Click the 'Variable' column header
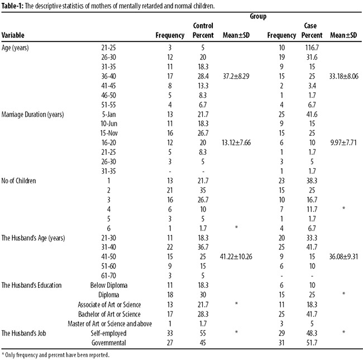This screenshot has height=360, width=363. tap(13, 35)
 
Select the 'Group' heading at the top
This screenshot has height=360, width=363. tap(258, 16)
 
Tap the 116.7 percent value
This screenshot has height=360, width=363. tap(312, 48)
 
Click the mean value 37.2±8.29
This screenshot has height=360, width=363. tap(236, 76)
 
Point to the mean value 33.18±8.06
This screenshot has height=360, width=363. tap(344, 76)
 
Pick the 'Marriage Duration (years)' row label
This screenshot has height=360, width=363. tap(32, 115)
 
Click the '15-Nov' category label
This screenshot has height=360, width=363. tap(109, 133)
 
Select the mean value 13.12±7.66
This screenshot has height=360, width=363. tap(236, 143)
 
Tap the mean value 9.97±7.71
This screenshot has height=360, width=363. tap(343, 143)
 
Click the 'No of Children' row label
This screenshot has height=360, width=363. tap(19, 181)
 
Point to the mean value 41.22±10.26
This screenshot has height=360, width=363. tap(236, 257)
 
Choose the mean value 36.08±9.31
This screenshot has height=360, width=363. tap(343, 257)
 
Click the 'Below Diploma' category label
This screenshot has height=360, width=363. tap(109, 285)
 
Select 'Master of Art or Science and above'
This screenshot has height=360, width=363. tap(109, 324)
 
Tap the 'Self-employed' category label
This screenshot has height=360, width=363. tap(108, 333)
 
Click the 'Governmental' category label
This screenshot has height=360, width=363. tap(109, 343)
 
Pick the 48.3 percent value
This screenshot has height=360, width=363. tap(312, 333)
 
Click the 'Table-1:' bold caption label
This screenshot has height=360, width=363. tap(12, 6)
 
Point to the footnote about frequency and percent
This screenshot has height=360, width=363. tap(55, 355)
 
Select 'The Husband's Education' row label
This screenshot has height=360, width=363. tap(31, 285)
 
